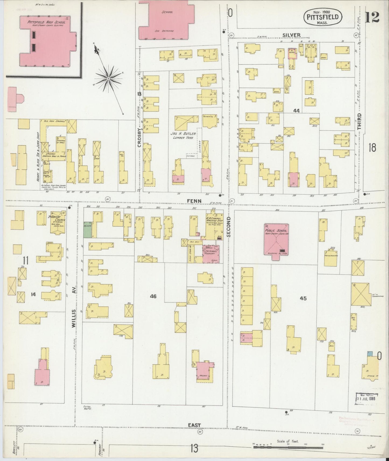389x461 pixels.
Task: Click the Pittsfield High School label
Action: click(46, 22)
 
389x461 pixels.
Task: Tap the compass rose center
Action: click(108, 78)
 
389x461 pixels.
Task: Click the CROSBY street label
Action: click(139, 137)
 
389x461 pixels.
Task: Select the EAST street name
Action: click(194, 425)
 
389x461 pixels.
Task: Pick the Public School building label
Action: click(276, 232)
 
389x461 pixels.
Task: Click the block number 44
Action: click(296, 111)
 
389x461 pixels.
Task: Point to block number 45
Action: click(303, 298)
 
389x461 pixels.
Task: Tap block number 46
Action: click(153, 296)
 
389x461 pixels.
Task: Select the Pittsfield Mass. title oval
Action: click(323, 18)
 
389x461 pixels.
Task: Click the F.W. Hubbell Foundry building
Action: click(211, 254)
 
